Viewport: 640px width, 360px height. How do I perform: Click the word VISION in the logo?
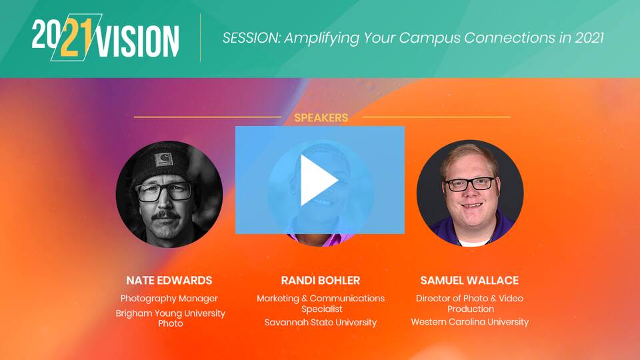pyautogui.click(x=138, y=41)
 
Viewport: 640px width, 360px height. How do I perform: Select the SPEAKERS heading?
pyautogui.click(x=321, y=117)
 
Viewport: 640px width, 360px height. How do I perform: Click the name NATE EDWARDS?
pyautogui.click(x=169, y=281)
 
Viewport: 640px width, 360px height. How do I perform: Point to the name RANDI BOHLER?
pyautogui.click(x=321, y=281)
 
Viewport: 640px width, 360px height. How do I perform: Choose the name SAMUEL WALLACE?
pyautogui.click(x=469, y=281)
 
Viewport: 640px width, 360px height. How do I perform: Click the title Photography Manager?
pyautogui.click(x=169, y=299)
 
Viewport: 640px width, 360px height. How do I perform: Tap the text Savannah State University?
pyautogui.click(x=321, y=323)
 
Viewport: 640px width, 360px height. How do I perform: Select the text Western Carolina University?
pyautogui.click(x=469, y=322)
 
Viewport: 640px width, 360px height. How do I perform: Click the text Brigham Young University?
pyautogui.click(x=170, y=313)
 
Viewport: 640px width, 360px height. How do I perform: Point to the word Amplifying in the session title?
pyautogui.click(x=321, y=39)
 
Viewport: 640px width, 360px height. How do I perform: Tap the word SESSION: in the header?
pyautogui.click(x=251, y=38)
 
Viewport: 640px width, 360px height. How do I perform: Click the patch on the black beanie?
pyautogui.click(x=163, y=159)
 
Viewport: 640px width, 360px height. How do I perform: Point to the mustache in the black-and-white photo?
pyautogui.click(x=165, y=215)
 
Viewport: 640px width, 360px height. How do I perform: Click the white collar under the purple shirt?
pyautogui.click(x=473, y=243)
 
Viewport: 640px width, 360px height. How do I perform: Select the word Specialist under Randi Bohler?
pyautogui.click(x=321, y=309)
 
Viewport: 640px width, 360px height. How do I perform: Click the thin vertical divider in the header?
pyautogui.click(x=200, y=37)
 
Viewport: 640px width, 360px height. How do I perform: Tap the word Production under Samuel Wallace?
pyautogui.click(x=471, y=309)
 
